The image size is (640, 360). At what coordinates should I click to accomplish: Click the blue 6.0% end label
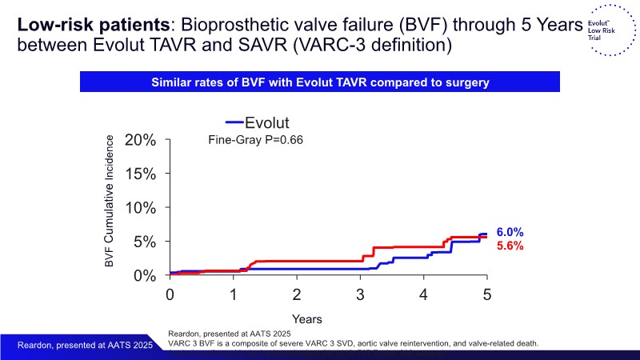pos(510,232)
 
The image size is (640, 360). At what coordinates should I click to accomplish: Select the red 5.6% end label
pos(510,246)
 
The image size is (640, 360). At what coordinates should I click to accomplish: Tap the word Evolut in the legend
pos(267,122)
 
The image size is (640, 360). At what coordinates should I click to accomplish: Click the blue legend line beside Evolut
pos(233,122)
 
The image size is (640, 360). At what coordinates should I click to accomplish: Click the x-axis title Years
pos(307,319)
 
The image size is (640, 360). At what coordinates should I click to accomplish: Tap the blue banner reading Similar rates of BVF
pos(320,82)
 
